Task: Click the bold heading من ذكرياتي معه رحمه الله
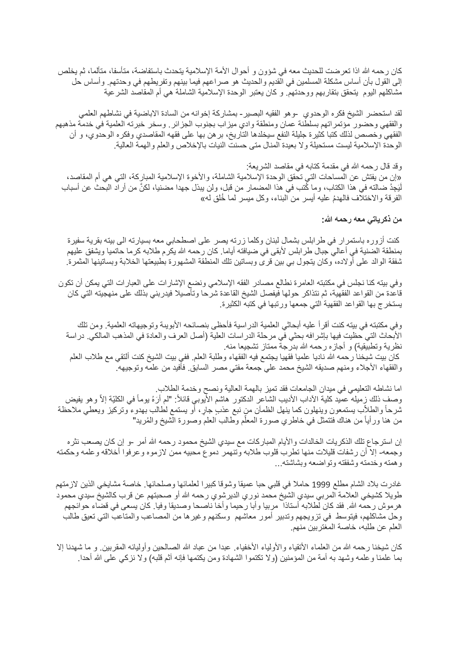click(x=361, y=220)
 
